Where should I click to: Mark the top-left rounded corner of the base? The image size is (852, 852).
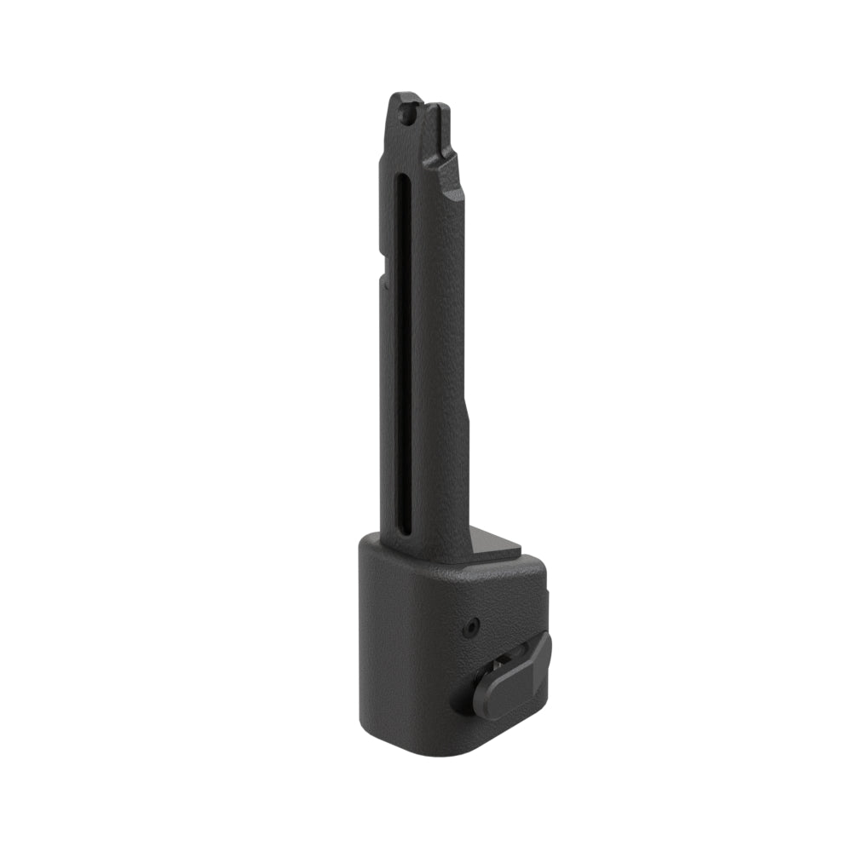[x=366, y=544]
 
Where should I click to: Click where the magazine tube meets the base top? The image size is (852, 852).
[x=426, y=558]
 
